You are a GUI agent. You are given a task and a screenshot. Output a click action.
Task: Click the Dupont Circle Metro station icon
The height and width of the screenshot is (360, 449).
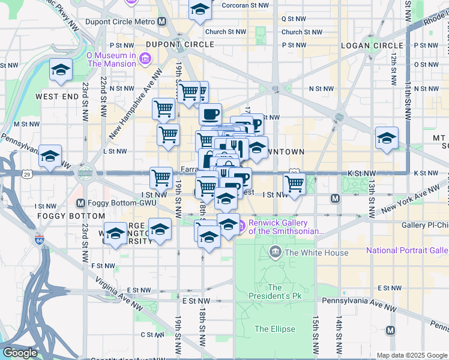click(x=162, y=22)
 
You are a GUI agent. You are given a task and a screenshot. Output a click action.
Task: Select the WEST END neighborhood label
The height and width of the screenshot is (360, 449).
click(x=57, y=96)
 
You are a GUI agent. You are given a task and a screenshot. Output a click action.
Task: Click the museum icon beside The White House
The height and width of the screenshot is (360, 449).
click(x=276, y=252)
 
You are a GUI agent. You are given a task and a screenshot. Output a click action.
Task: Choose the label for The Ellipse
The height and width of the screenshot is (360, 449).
click(x=275, y=329)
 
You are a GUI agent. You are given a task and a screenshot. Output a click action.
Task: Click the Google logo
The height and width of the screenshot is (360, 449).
click(x=20, y=353)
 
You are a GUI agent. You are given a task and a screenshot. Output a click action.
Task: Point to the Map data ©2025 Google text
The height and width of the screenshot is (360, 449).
click(x=412, y=355)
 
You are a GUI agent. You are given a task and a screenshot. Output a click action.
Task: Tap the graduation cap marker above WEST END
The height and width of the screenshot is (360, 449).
click(x=60, y=71)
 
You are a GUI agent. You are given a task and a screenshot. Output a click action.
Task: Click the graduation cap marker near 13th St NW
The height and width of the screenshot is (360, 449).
click(x=387, y=138)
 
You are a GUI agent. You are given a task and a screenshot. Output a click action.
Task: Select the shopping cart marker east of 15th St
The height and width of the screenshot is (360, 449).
click(x=294, y=184)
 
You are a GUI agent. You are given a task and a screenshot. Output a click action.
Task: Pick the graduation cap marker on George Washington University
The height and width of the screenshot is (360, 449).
click(x=160, y=230)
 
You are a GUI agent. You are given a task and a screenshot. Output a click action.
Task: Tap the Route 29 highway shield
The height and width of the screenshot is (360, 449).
click(x=28, y=174)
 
